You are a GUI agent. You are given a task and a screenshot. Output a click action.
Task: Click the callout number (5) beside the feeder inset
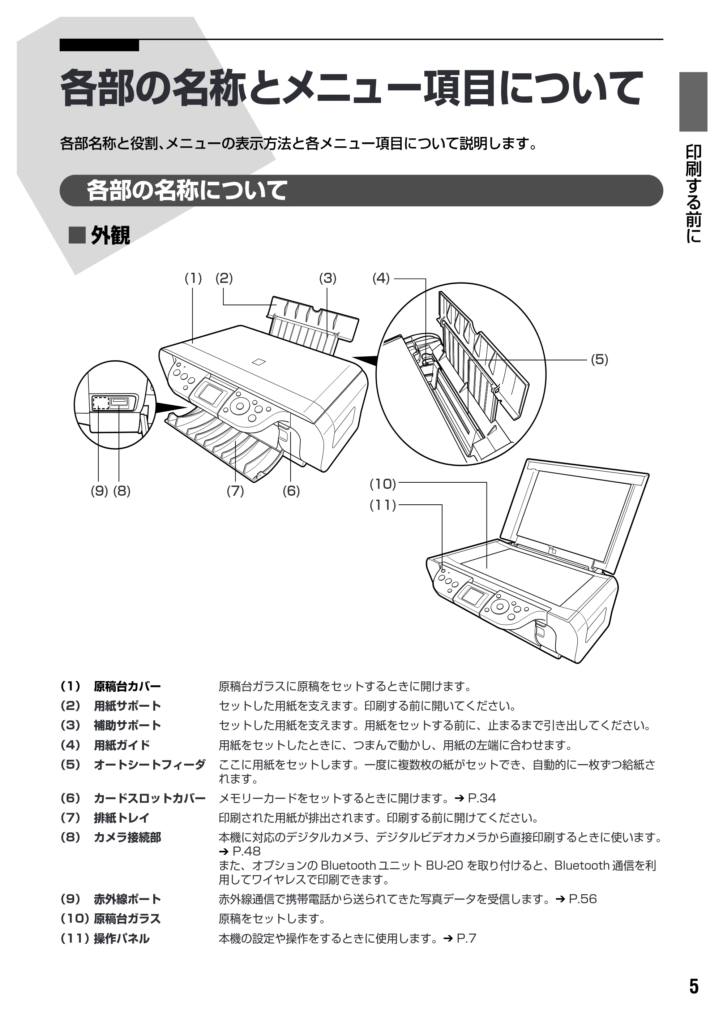pyautogui.click(x=599, y=359)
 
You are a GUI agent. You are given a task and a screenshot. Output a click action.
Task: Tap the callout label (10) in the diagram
pyautogui.click(x=383, y=484)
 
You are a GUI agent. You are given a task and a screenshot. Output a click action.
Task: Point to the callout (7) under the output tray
pyautogui.click(x=235, y=491)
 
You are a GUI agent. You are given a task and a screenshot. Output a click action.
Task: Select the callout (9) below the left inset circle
pyautogui.click(x=99, y=491)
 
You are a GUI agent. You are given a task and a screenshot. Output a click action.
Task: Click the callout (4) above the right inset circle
pyautogui.click(x=381, y=279)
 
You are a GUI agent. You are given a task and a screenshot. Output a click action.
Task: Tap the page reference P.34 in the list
pyautogui.click(x=482, y=798)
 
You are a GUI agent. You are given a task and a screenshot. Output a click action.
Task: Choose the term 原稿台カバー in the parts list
pyautogui.click(x=127, y=686)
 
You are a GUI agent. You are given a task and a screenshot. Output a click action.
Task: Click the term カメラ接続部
pyautogui.click(x=127, y=837)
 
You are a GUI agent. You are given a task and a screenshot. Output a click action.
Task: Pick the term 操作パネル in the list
pyautogui.click(x=121, y=938)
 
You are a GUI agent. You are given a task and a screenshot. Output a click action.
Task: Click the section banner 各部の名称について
pyautogui.click(x=187, y=190)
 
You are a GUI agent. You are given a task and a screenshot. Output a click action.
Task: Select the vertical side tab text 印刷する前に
pyautogui.click(x=693, y=194)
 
